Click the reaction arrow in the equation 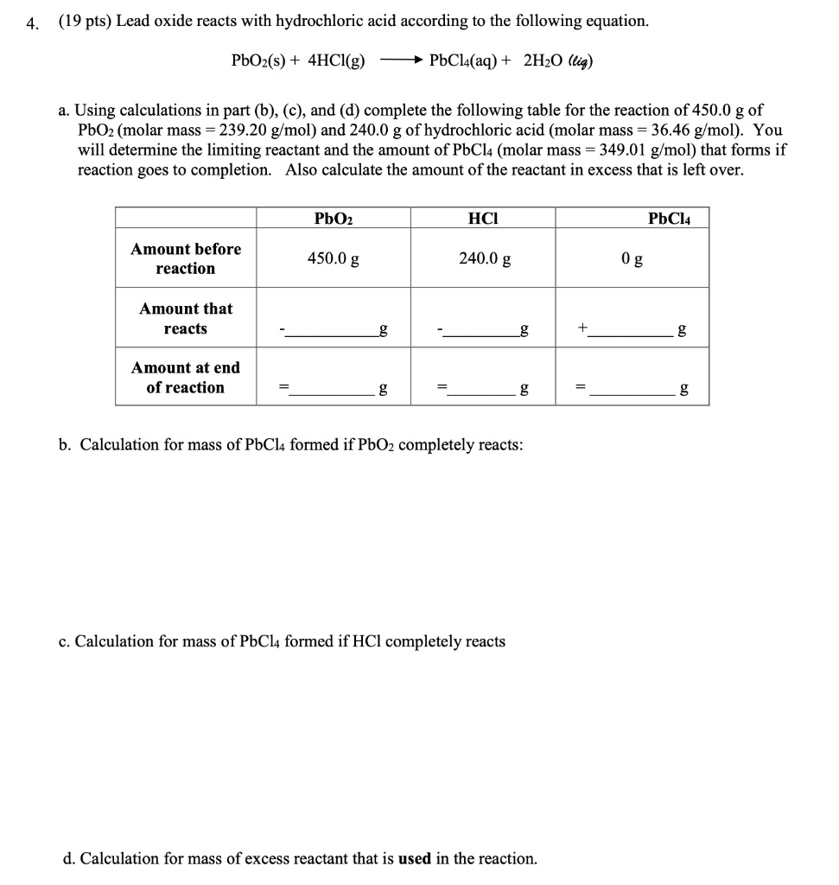[400, 60]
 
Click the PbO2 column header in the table [333, 219]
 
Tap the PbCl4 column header [669, 219]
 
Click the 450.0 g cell [334, 258]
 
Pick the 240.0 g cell [484, 258]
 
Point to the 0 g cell [632, 258]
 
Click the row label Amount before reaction [186, 258]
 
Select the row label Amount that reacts [186, 318]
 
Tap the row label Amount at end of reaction [186, 378]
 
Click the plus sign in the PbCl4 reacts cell [583, 328]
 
